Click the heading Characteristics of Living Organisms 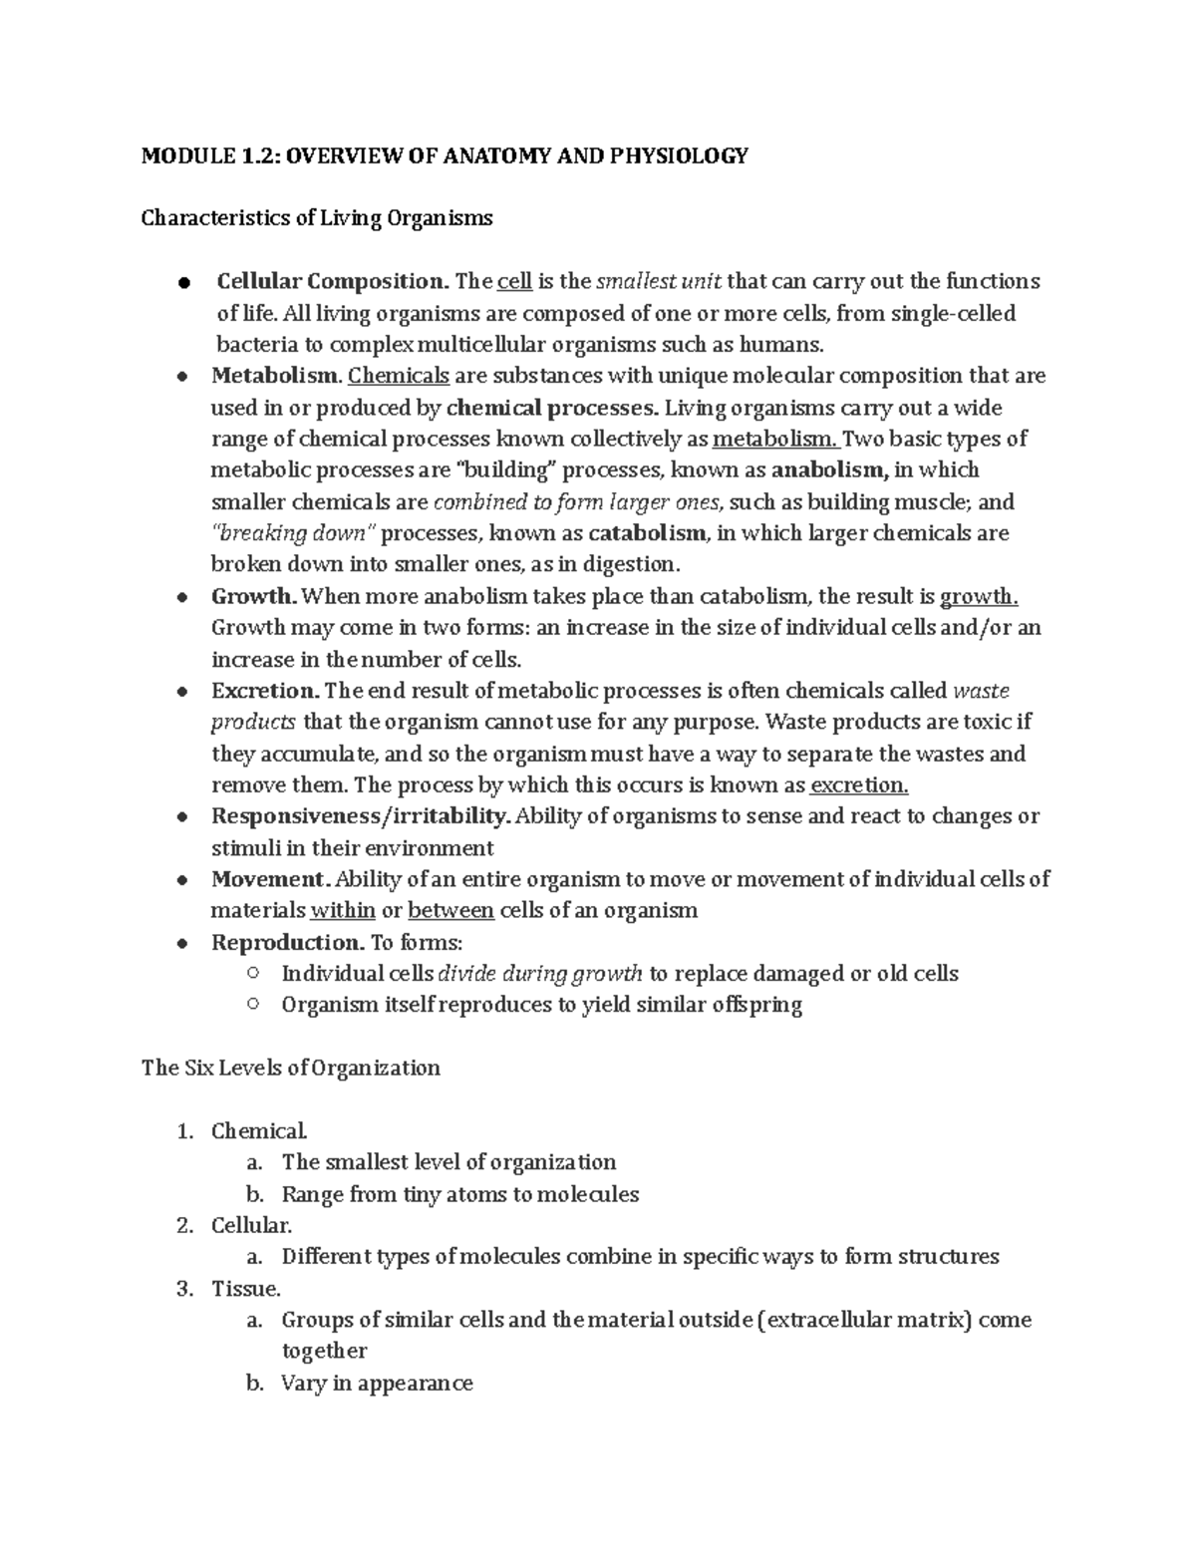317,218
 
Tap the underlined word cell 514,282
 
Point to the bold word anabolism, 829,469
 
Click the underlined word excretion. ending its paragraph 859,785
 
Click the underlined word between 450,910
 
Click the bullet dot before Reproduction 181,943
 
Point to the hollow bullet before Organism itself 252,1004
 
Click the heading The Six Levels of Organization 290,1068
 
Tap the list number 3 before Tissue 183,1289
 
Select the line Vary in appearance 377,1384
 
